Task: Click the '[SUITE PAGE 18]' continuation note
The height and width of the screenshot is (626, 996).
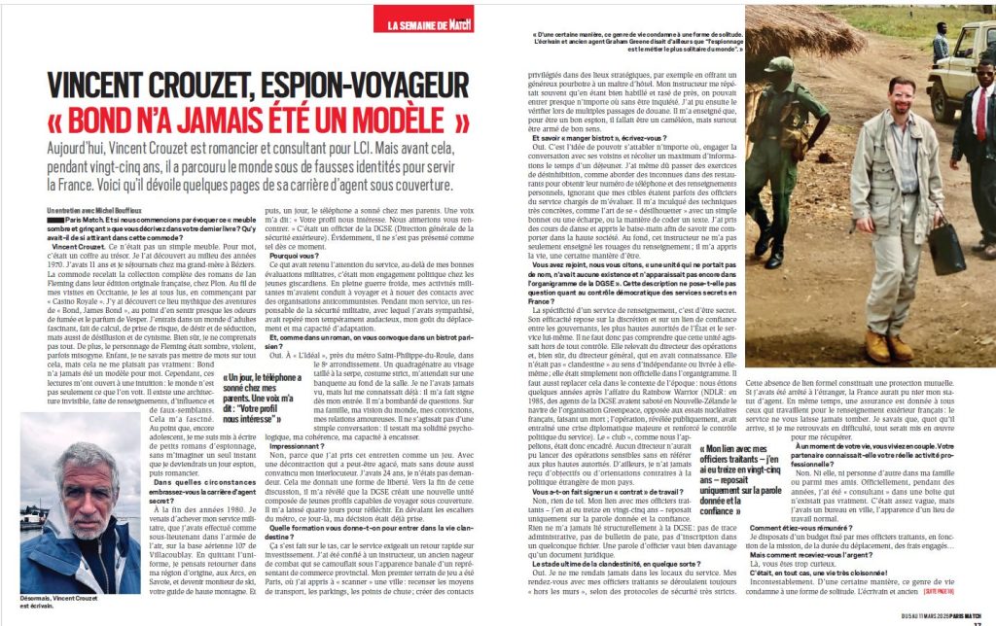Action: tap(969, 590)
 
